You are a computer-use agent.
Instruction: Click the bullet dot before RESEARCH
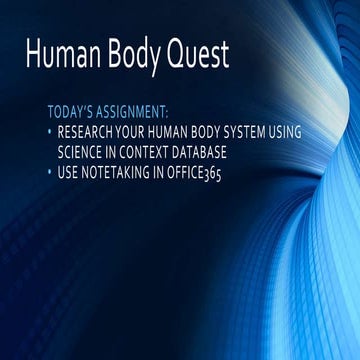tap(50, 131)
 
